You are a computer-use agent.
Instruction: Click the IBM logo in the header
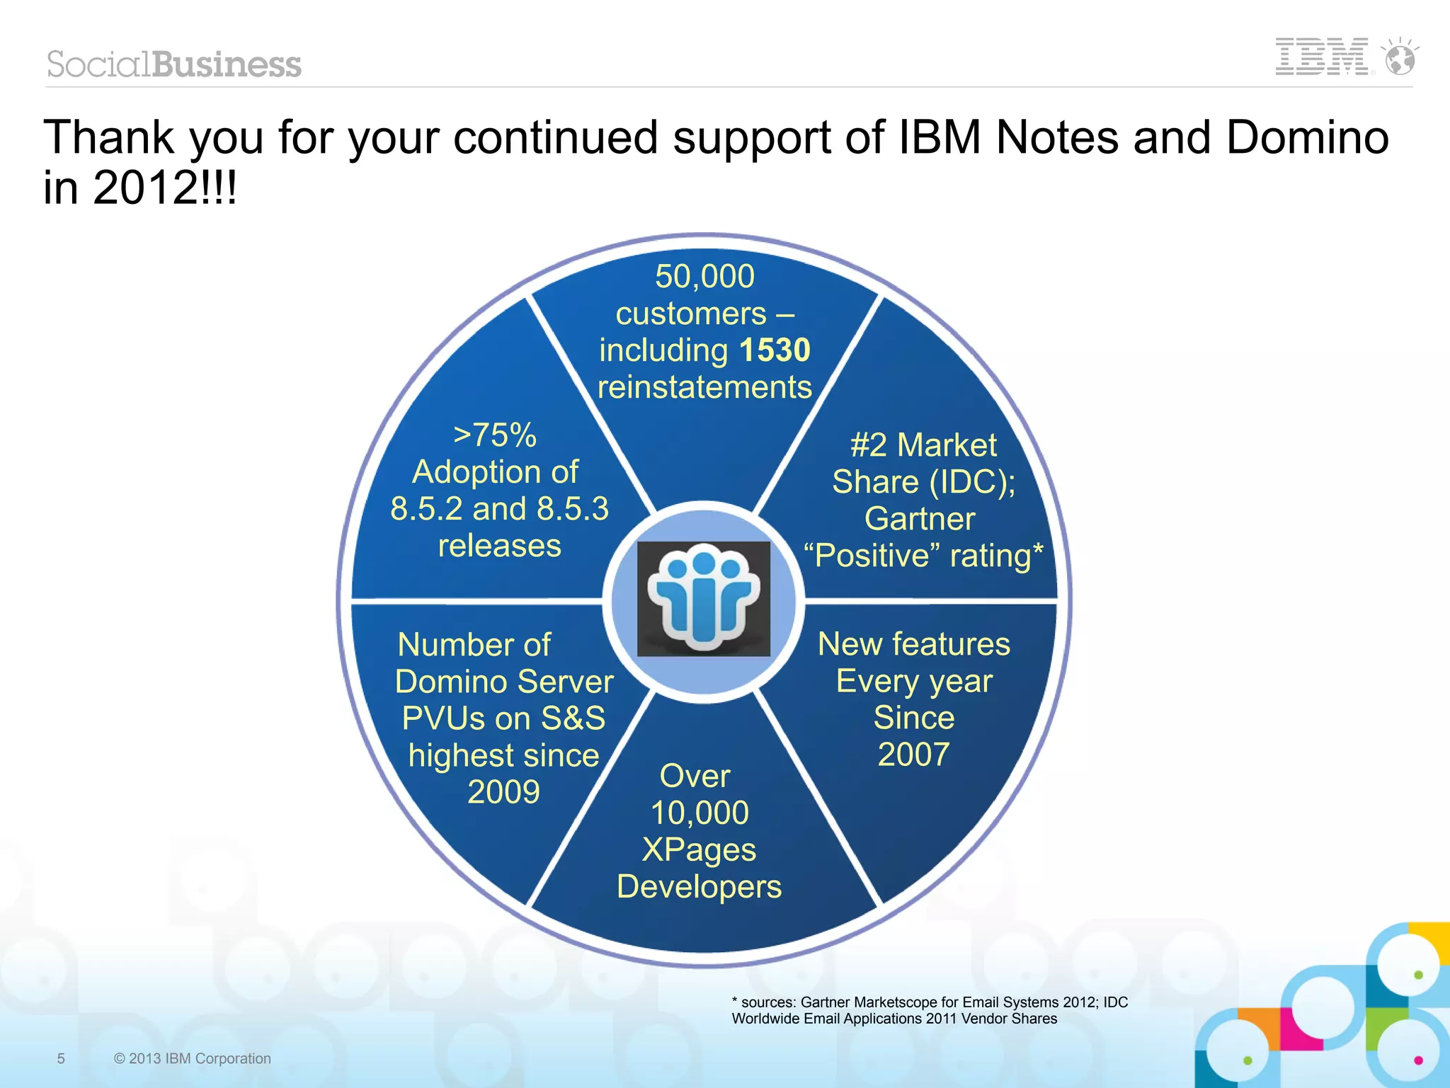click(x=1321, y=57)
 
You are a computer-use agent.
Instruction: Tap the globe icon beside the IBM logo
click(x=1400, y=58)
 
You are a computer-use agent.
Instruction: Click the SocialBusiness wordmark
click(x=174, y=64)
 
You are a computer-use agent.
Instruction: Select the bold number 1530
click(x=775, y=350)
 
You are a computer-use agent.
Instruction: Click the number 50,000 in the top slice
click(x=704, y=276)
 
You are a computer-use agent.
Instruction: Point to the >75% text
click(x=495, y=435)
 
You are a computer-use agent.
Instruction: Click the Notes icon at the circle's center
click(x=703, y=599)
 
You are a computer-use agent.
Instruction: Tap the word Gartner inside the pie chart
click(x=920, y=519)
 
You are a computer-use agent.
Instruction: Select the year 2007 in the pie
click(x=913, y=755)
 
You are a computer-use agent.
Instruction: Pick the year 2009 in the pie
click(x=503, y=792)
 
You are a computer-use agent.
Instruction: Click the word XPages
click(x=699, y=849)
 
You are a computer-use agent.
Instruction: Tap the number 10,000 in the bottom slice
click(x=700, y=813)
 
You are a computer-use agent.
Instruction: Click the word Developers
click(x=699, y=887)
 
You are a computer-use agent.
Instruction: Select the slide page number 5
click(x=61, y=1058)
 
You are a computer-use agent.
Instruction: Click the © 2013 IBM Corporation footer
click(x=192, y=1058)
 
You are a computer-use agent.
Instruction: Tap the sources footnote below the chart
click(x=929, y=1010)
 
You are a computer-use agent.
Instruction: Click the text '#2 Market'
click(x=923, y=445)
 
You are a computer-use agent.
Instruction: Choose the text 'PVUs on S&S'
click(x=503, y=718)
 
